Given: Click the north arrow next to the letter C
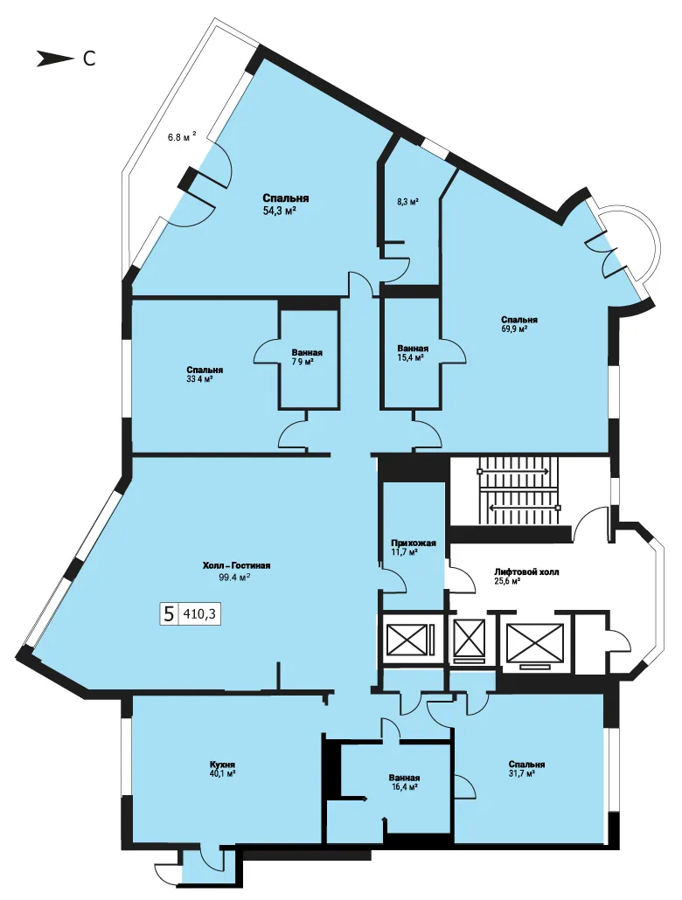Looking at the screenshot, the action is pos(54,59).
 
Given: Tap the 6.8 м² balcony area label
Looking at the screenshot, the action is pos(182,137).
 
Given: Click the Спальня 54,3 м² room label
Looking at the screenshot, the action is pos(286,204).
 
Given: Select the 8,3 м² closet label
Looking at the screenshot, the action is pos(407,202).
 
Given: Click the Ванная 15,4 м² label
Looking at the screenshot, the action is pos(413,353).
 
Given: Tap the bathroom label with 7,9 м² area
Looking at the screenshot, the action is pos(307,357).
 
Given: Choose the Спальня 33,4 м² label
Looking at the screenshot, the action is pos(205,374).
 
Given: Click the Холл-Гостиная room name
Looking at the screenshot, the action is pos(237,565).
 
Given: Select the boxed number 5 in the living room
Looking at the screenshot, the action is pos(169,614).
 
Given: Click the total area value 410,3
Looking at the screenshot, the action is pos(199,614).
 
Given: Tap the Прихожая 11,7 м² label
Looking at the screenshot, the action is pos(413,548).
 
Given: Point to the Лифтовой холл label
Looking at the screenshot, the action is pos(527,571).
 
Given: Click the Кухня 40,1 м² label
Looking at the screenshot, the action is pos(222,769).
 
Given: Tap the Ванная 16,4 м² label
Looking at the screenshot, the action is pos(403,782).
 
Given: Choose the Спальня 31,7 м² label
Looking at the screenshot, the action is pos(526,769).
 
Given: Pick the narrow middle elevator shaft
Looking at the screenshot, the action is pos(470,637).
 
